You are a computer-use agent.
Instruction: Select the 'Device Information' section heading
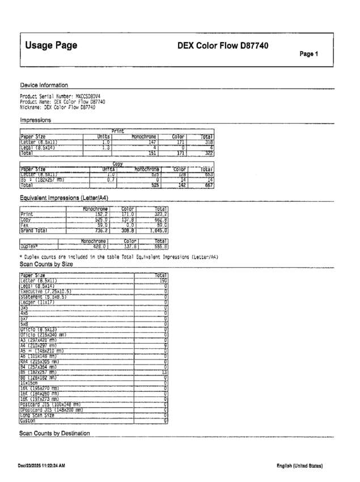click(44, 85)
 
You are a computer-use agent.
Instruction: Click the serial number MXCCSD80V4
click(88, 96)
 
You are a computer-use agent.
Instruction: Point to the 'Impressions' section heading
click(36, 120)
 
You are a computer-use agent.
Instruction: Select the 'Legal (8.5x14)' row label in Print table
click(39, 147)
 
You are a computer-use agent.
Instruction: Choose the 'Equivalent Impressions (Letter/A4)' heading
click(63, 197)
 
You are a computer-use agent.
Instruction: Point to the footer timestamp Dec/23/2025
click(41, 466)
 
